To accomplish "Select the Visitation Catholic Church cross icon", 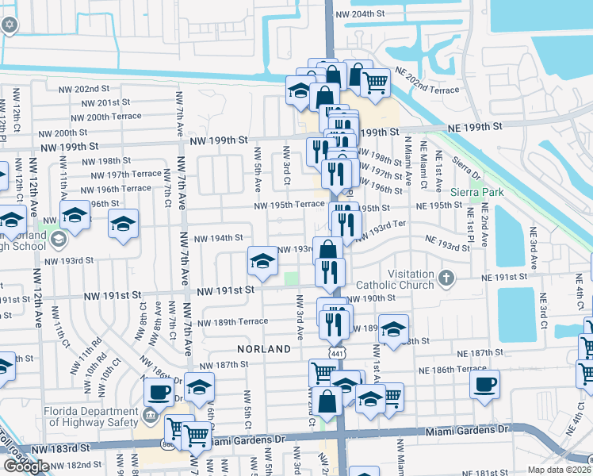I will click(x=446, y=278).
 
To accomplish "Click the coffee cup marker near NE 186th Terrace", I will click(x=484, y=385).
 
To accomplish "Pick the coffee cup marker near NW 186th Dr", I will click(x=159, y=392).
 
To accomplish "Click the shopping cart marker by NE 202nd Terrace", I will click(x=375, y=81).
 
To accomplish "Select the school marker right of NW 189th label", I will click(x=392, y=329).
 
